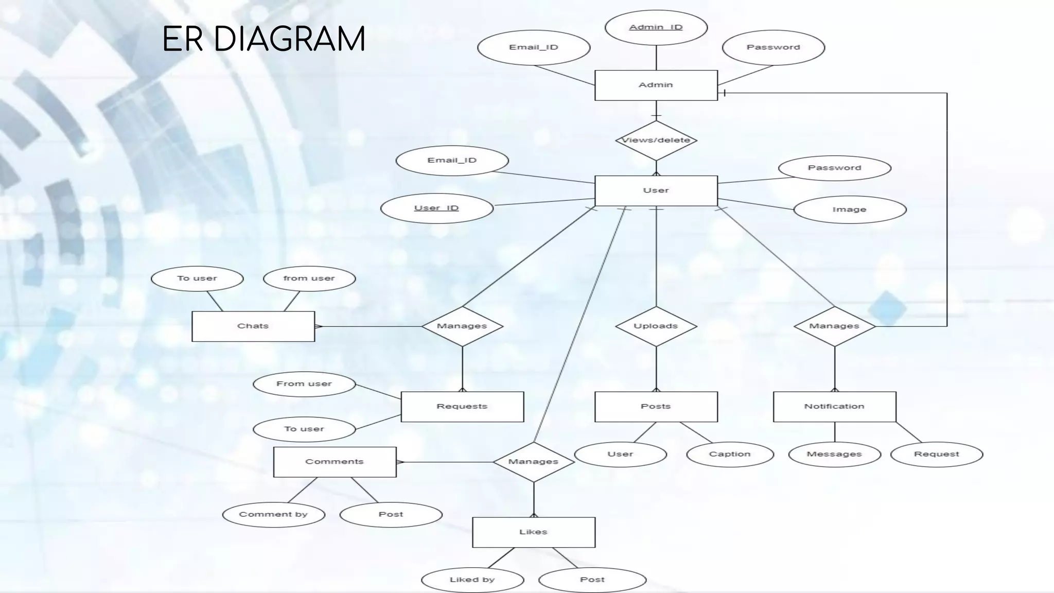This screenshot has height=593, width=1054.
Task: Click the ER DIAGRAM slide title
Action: pyautogui.click(x=263, y=39)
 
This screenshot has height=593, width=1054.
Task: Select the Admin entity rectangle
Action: pyautogui.click(x=656, y=85)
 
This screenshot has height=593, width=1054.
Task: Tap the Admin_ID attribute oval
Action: pyautogui.click(x=656, y=27)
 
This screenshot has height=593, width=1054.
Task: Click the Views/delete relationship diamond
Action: pyautogui.click(x=656, y=140)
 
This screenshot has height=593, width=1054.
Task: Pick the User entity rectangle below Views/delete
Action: pyautogui.click(x=656, y=190)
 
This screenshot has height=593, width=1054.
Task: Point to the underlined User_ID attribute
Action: pyautogui.click(x=436, y=208)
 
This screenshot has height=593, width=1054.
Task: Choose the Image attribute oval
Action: pyautogui.click(x=849, y=210)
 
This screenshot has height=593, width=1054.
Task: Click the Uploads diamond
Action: pyautogui.click(x=656, y=326)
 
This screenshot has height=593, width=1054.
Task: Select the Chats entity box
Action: pyautogui.click(x=253, y=326)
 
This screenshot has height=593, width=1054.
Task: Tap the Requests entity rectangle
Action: pyautogui.click(x=462, y=406)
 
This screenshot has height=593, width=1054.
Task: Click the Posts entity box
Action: pyautogui.click(x=656, y=406)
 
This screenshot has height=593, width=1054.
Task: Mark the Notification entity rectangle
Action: pyautogui.click(x=834, y=406)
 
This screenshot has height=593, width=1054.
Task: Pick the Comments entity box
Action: pyautogui.click(x=335, y=462)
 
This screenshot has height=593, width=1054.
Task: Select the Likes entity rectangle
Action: pyautogui.click(x=533, y=532)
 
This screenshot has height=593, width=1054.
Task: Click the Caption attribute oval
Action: pyautogui.click(x=730, y=454)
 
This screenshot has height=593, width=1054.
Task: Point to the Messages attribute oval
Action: pyautogui.click(x=834, y=454)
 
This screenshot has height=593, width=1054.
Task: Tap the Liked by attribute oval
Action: pyautogui.click(x=472, y=580)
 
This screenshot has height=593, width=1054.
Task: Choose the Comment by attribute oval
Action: pyautogui.click(x=273, y=514)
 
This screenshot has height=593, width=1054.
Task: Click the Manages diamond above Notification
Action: pyautogui.click(x=834, y=326)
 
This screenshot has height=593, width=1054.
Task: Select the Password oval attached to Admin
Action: pyautogui.click(x=773, y=47)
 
